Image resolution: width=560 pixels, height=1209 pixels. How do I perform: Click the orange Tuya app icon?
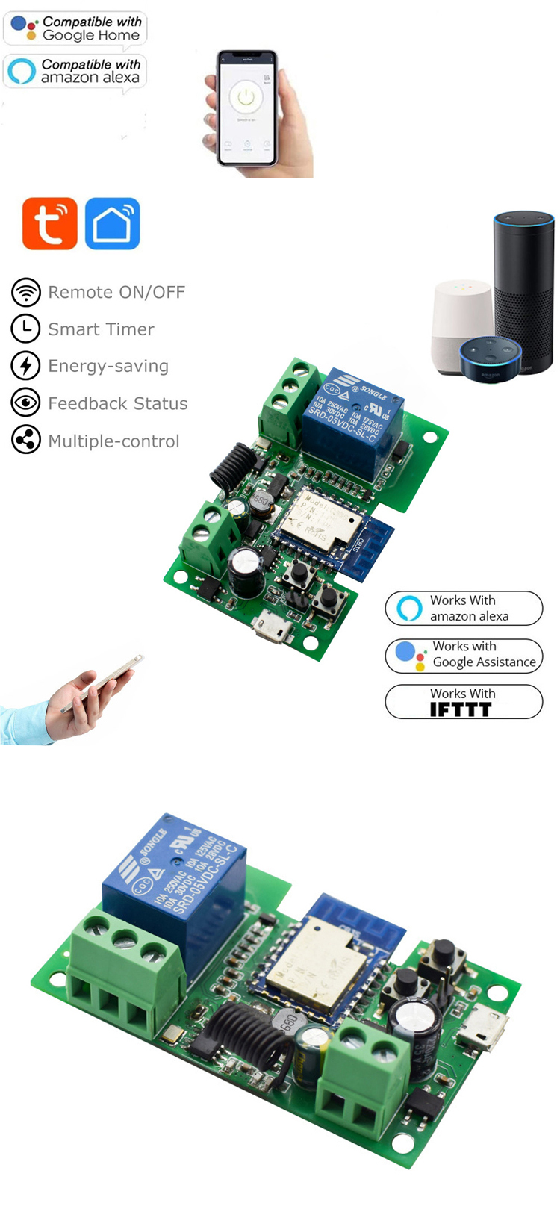pyautogui.click(x=50, y=223)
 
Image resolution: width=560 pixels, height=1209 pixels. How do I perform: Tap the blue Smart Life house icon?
pyautogui.click(x=112, y=223)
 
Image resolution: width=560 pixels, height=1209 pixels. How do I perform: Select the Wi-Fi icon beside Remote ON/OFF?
pyautogui.click(x=26, y=292)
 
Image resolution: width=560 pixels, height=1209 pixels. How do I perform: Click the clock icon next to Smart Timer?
pyautogui.click(x=26, y=329)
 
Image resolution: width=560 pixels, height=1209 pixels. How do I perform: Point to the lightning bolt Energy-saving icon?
pyautogui.click(x=26, y=366)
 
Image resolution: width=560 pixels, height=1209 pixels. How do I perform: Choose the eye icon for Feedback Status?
pyautogui.click(x=26, y=403)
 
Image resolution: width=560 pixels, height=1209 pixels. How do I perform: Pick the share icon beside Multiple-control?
pyautogui.click(x=26, y=441)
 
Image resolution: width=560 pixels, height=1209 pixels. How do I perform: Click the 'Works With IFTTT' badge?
pyautogui.click(x=464, y=702)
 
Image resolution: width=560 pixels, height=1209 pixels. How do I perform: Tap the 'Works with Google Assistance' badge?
pyautogui.click(x=464, y=655)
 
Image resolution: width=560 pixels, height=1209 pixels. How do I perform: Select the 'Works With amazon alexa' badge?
pyautogui.click(x=464, y=608)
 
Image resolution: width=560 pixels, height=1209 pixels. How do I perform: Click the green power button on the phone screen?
pyautogui.click(x=246, y=97)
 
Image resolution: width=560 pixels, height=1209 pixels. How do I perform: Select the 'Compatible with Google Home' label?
pyautogui.click(x=75, y=28)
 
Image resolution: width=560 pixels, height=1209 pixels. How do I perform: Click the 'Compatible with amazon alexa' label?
pyautogui.click(x=75, y=72)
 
